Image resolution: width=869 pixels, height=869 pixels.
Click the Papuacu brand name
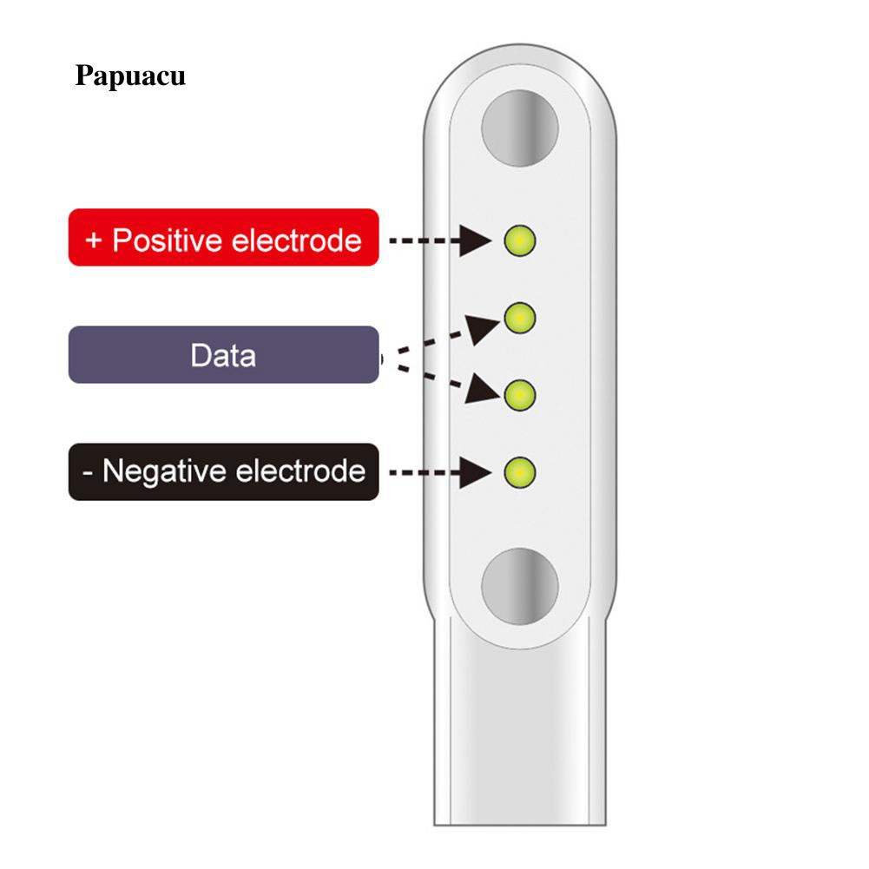click(130, 76)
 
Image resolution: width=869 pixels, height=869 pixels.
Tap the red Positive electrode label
click(223, 237)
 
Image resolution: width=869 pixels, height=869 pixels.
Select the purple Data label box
click(223, 355)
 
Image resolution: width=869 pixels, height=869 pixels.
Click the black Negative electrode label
click(223, 471)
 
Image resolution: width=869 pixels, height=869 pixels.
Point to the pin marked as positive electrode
click(520, 240)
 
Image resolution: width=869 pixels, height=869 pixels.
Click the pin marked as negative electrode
click(520, 473)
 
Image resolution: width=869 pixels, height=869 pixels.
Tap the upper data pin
click(519, 318)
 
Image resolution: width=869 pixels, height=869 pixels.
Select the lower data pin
click(519, 396)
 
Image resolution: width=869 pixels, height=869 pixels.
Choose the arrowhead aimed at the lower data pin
click(480, 390)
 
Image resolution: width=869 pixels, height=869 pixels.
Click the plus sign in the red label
click(94, 239)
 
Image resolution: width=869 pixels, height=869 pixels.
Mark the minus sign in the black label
click(89, 473)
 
